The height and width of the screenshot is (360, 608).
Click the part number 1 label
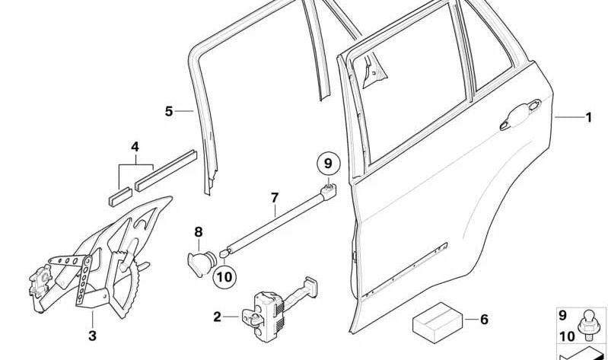[587, 117]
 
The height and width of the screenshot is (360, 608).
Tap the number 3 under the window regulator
[91, 335]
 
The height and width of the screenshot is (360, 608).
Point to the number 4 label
[135, 146]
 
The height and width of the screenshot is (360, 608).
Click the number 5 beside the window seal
[169, 111]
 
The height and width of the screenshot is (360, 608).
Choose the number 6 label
[483, 320]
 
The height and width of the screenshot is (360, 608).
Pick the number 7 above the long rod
[275, 198]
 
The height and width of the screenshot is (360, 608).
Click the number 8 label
[198, 231]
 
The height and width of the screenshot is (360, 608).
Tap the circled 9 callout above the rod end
[328, 162]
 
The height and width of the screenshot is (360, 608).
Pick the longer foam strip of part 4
[165, 171]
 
